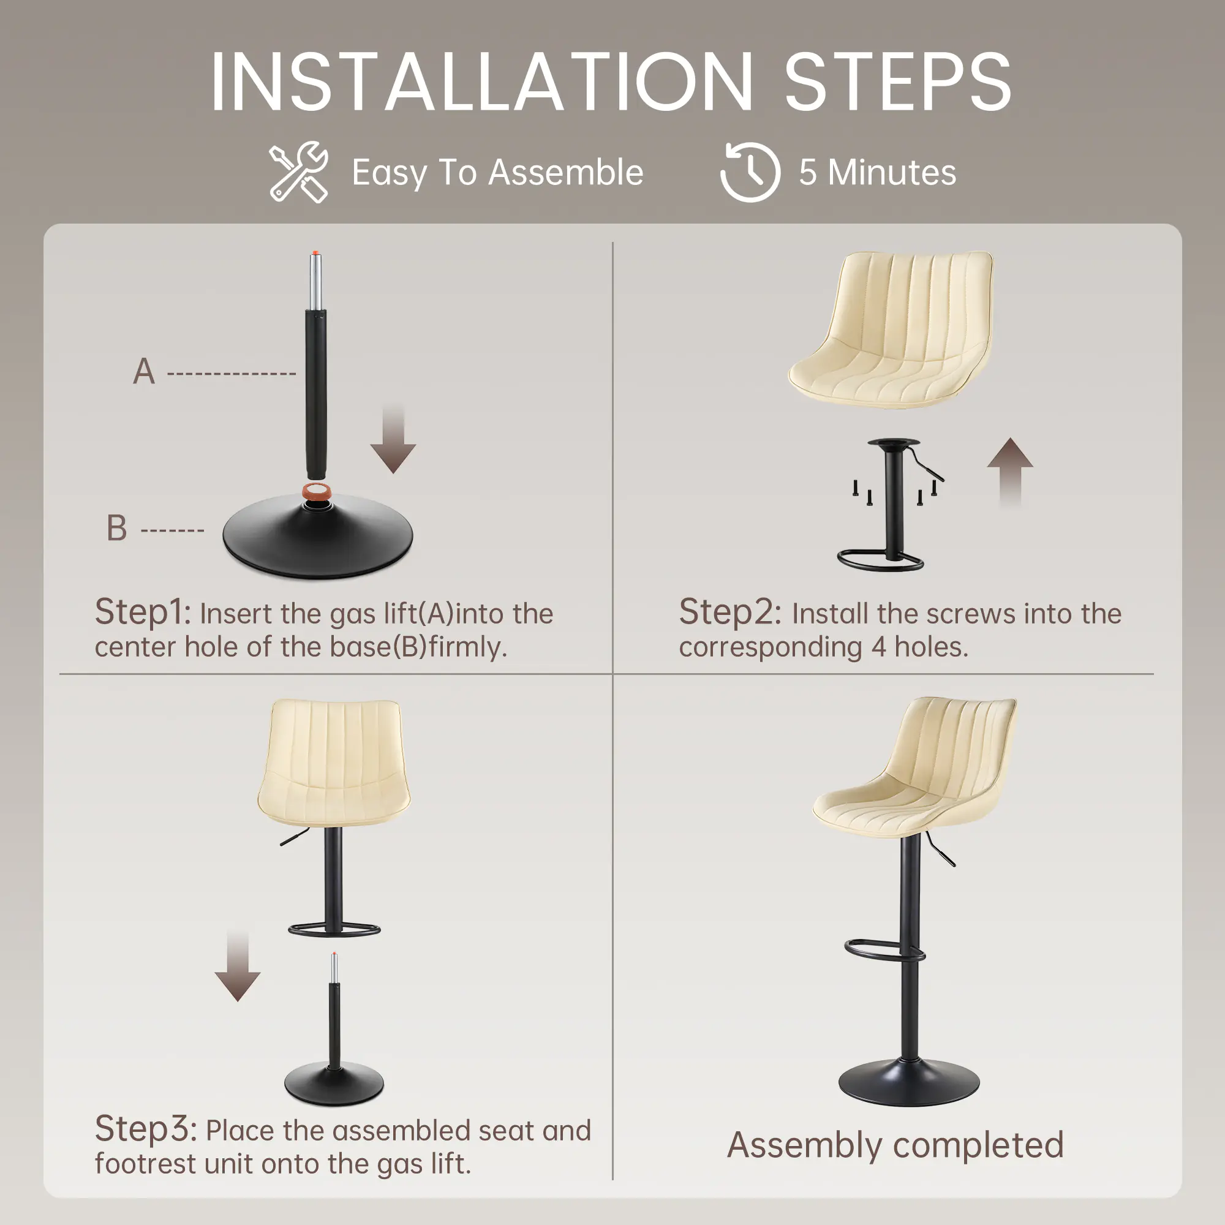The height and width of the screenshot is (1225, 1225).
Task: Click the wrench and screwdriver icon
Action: click(299, 172)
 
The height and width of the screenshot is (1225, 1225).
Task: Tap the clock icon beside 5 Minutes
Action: click(750, 173)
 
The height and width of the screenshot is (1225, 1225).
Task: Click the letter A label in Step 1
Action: click(144, 372)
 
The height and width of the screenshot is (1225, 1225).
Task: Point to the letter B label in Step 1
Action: click(116, 528)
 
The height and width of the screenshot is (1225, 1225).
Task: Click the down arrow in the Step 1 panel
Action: click(393, 439)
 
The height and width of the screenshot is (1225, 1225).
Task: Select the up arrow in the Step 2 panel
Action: click(1010, 472)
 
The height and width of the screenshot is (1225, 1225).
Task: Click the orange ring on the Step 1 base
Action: click(317, 491)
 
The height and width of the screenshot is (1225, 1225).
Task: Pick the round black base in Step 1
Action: click(318, 537)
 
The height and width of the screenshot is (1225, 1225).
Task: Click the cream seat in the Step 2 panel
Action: click(891, 330)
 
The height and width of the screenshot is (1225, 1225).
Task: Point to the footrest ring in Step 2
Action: click(880, 560)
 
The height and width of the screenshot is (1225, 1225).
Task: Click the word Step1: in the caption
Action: click(143, 612)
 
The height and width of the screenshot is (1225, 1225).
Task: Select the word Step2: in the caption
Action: click(731, 612)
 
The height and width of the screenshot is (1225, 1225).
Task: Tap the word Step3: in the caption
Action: click(146, 1129)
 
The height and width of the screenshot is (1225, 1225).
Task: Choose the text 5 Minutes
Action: click(878, 173)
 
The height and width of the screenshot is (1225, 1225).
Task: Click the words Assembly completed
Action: click(895, 1146)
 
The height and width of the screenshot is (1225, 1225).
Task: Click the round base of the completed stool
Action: click(908, 1082)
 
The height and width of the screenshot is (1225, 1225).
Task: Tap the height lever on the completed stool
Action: click(940, 850)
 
